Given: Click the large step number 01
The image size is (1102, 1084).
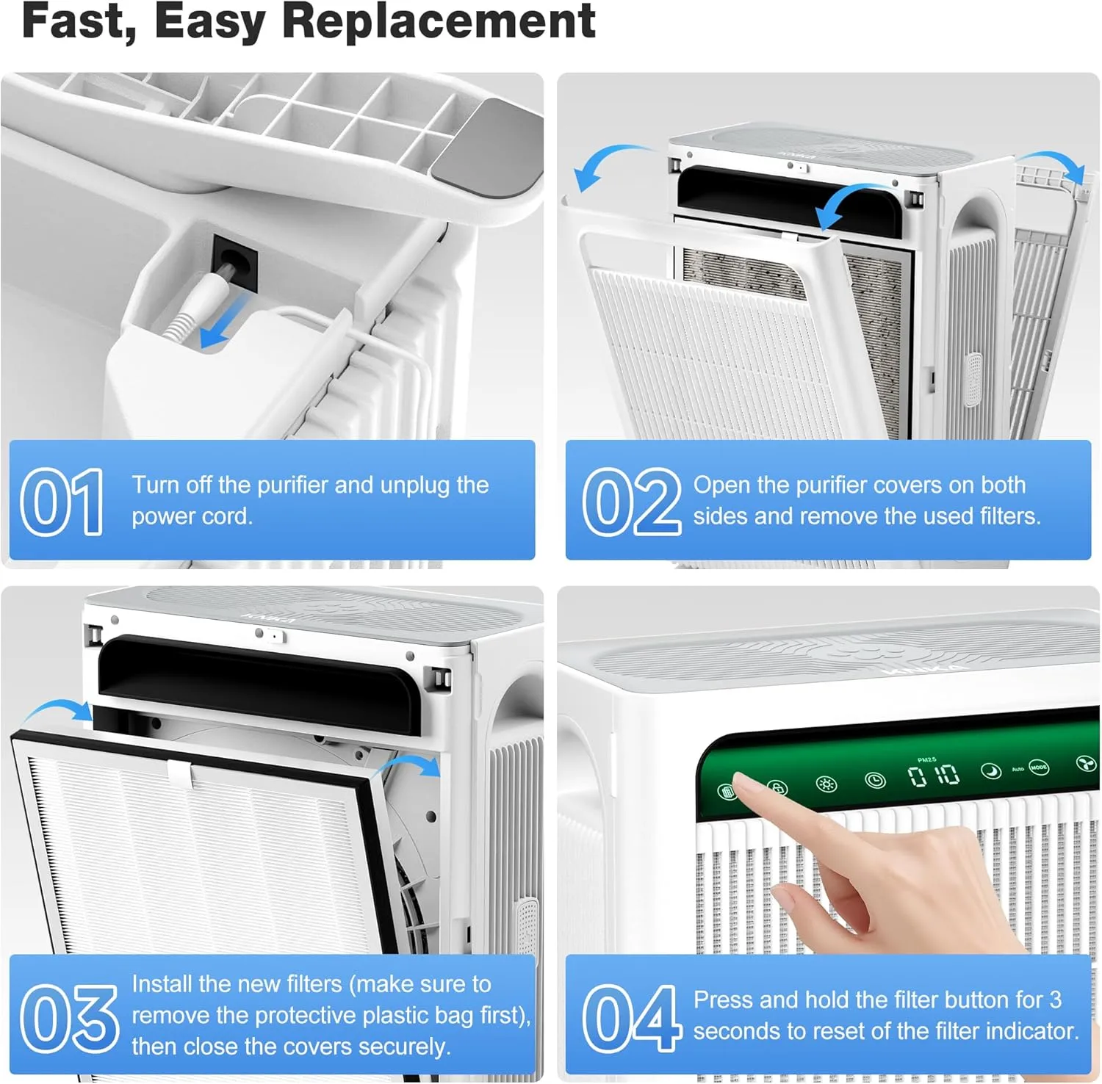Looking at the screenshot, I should point(62,502).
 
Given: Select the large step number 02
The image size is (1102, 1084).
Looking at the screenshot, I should point(631,502).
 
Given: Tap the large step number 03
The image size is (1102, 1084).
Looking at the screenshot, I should point(68,1018).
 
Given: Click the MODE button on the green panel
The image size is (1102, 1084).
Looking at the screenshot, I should point(1038,767).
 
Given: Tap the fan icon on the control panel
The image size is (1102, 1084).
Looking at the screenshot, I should point(1085,765).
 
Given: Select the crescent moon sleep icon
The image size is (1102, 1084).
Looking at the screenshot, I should point(991,771).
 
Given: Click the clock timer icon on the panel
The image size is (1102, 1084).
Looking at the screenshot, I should point(874,780).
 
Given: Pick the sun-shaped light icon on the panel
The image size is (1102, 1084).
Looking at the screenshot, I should point(826,784).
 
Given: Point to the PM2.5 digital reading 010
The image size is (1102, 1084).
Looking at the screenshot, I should point(933,776).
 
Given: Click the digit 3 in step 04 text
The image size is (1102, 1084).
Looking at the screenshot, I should point(1055,1000).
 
